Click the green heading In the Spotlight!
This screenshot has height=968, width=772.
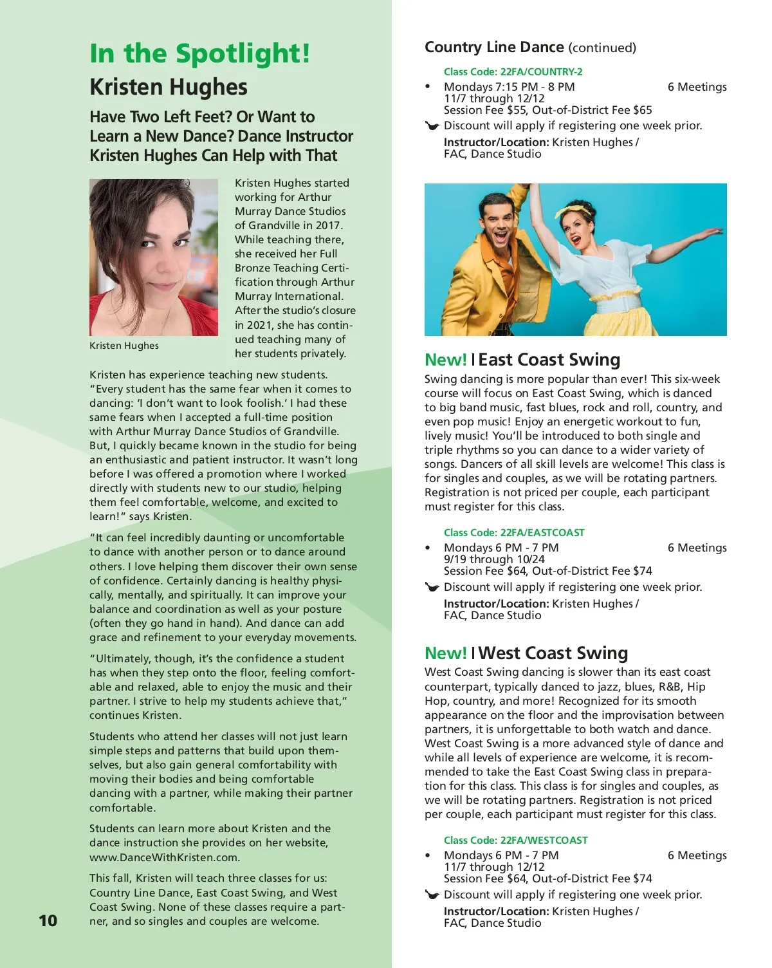[x=199, y=53]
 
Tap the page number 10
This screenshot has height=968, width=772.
[x=48, y=920]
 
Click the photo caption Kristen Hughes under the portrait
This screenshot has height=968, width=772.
[x=124, y=346]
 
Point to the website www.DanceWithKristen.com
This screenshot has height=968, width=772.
[x=165, y=857]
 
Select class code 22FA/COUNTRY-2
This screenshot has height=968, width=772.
[x=513, y=72]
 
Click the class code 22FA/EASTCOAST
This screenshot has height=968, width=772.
[x=514, y=533]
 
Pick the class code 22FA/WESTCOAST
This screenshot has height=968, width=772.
[x=515, y=841]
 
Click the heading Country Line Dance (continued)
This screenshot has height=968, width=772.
[x=530, y=48]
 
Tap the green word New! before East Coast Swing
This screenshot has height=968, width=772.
[x=445, y=360]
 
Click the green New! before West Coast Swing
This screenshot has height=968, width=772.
[x=445, y=653]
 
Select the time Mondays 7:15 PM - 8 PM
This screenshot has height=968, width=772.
[x=509, y=87]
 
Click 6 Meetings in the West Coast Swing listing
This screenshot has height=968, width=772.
[x=697, y=855]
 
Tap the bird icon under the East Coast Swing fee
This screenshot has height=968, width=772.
[x=432, y=587]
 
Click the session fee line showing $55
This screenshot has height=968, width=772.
[x=547, y=110]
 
